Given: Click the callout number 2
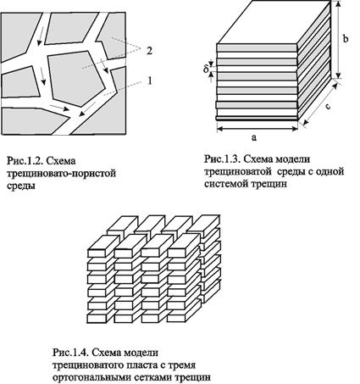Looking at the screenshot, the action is click(149, 51).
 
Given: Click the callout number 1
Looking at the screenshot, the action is click(150, 81).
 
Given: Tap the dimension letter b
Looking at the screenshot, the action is click(345, 38).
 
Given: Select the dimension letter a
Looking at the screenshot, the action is click(254, 137).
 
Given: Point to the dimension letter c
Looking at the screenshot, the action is click(328, 107).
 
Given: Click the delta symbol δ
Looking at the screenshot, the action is click(206, 68).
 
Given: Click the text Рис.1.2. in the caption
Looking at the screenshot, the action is click(25, 161).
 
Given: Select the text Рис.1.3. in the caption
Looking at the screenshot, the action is click(222, 159).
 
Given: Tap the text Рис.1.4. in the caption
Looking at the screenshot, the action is click(70, 353).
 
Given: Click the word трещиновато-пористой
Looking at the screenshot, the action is click(61, 174).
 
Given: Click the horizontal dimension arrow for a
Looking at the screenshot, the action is click(258, 129).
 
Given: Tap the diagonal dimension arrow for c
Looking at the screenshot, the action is click(321, 103).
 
